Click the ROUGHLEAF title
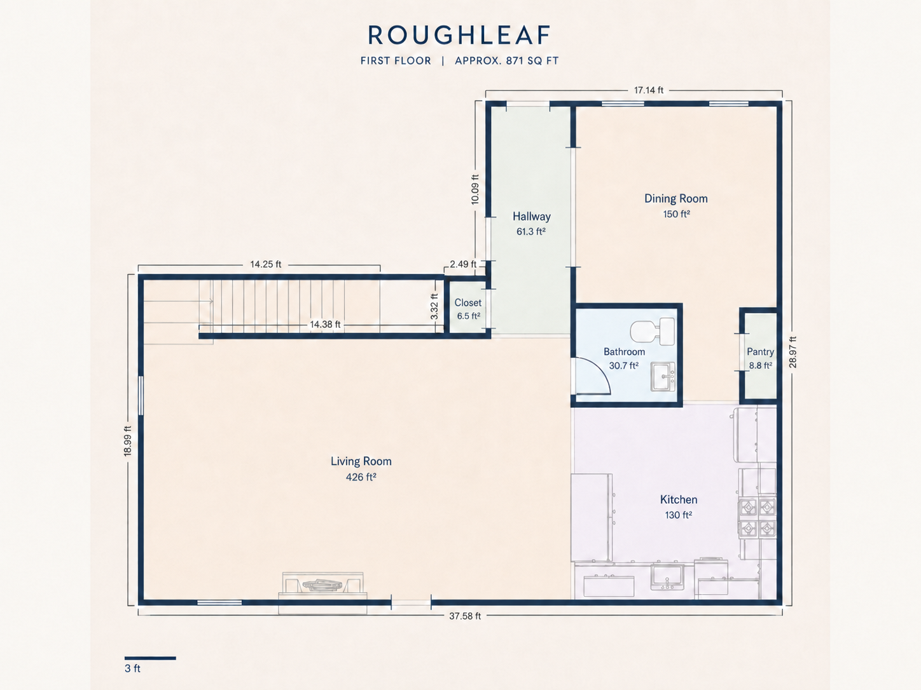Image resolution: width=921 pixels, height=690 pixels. click(459, 35)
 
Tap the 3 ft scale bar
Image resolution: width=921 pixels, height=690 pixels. click(150, 658)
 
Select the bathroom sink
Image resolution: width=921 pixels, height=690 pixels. click(663, 377)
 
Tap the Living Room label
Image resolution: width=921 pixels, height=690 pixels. click(361, 461)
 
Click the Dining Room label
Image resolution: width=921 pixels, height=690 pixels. click(676, 199)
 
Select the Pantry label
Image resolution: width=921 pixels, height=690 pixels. click(760, 352)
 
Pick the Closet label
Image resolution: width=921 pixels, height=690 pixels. click(468, 302)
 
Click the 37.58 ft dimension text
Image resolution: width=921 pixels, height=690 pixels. click(465, 616)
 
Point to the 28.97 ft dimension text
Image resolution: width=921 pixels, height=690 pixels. click(793, 353)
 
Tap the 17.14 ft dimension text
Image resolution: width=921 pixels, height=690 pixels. click(649, 90)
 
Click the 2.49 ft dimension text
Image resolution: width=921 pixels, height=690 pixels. click(463, 264)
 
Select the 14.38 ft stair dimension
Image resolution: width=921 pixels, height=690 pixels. click(325, 324)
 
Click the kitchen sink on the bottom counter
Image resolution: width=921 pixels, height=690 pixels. click(667, 578)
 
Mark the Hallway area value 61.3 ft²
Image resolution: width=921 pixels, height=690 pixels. click(530, 231)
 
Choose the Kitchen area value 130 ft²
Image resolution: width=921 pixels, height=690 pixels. click(678, 515)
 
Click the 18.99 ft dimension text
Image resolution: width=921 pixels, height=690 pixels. click(128, 441)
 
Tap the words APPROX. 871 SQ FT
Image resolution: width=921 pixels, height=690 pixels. click(506, 61)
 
